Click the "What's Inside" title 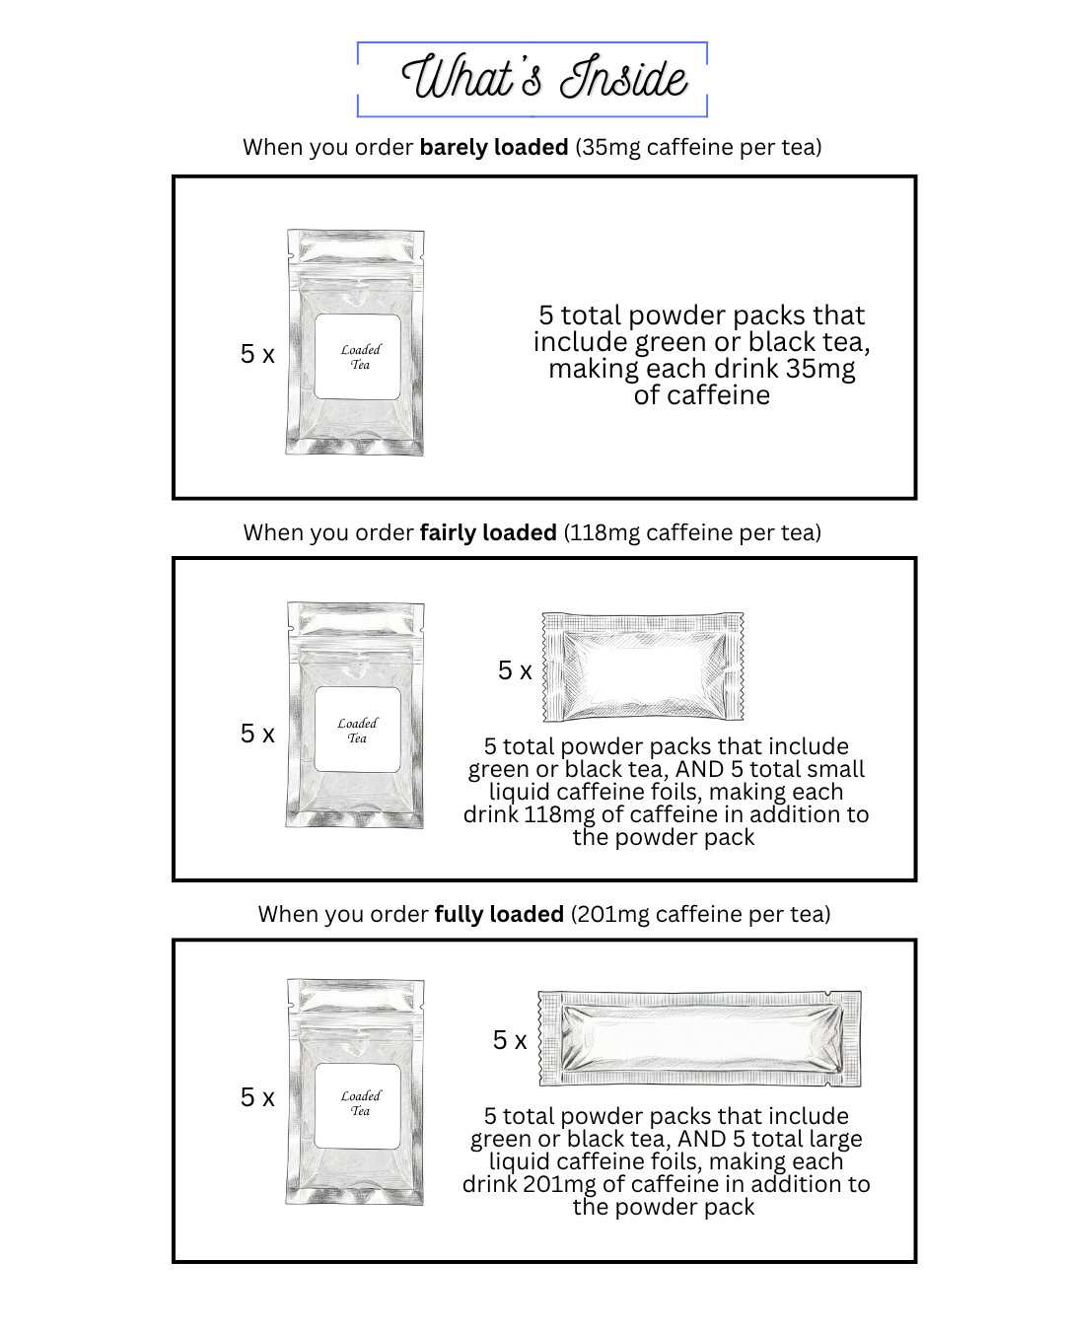(543, 79)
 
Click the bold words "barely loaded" (493, 147)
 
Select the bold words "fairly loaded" (488, 532)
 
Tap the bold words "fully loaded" (499, 914)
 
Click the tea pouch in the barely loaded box (355, 342)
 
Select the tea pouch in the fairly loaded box (355, 715)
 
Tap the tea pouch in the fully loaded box (355, 1091)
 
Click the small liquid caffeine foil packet (643, 666)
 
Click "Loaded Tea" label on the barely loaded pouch (360, 357)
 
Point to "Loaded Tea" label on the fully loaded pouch (360, 1103)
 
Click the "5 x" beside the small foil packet (515, 670)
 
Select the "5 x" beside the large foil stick (510, 1040)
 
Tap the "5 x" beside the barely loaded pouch (257, 354)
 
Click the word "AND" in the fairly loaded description (701, 769)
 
